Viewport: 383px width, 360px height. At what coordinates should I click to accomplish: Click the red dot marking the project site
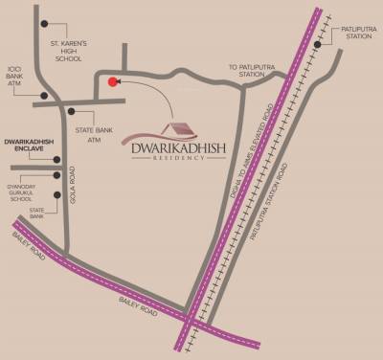point(113,81)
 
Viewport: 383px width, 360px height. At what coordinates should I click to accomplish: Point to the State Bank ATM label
point(95,133)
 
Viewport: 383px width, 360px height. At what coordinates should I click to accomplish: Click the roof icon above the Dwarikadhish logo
point(176,129)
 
